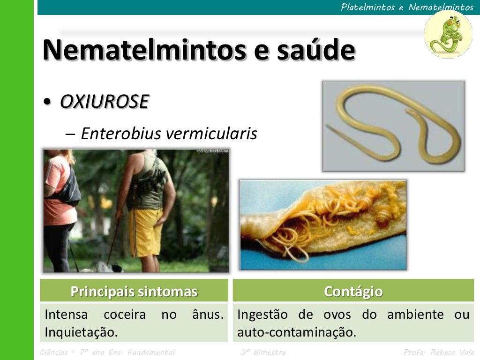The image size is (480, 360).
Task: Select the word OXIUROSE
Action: (104, 101)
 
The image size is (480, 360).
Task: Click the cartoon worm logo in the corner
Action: (448, 34)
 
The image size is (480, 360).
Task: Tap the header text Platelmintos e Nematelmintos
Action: (407, 7)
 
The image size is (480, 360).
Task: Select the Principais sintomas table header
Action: (134, 291)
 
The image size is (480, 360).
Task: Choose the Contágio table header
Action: (353, 291)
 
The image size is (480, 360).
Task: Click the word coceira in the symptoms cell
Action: (125, 315)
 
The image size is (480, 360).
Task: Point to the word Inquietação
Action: (81, 332)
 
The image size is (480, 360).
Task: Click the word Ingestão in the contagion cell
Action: (263, 315)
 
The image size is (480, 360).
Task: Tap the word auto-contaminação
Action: (297, 332)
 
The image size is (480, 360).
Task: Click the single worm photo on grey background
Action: (393, 126)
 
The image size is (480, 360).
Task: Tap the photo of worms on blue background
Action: (323, 225)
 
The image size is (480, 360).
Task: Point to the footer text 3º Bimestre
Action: (263, 352)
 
